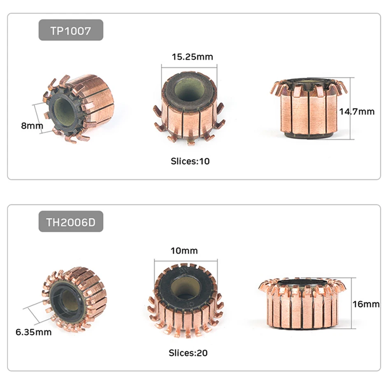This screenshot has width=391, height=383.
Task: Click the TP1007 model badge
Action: (x=71, y=30)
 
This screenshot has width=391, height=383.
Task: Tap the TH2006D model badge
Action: (x=71, y=222)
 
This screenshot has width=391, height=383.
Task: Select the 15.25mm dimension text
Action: (x=193, y=57)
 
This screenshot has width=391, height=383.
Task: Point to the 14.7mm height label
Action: (x=357, y=112)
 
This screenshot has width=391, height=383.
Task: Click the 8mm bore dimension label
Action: (x=32, y=126)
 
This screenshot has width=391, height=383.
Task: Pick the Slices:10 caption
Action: (x=190, y=161)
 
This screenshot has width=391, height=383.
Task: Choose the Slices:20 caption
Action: (x=188, y=353)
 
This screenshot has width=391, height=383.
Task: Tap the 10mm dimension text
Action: (x=184, y=250)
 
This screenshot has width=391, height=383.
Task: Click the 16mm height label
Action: (x=366, y=304)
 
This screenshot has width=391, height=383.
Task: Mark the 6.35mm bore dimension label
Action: (x=34, y=332)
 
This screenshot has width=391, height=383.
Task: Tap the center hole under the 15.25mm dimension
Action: (x=189, y=90)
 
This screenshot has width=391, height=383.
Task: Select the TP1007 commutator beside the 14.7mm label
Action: (x=309, y=108)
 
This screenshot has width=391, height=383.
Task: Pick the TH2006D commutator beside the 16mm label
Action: (x=303, y=303)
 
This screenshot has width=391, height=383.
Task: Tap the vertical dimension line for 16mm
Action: (x=352, y=303)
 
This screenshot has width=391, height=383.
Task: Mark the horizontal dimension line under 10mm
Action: (x=186, y=261)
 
